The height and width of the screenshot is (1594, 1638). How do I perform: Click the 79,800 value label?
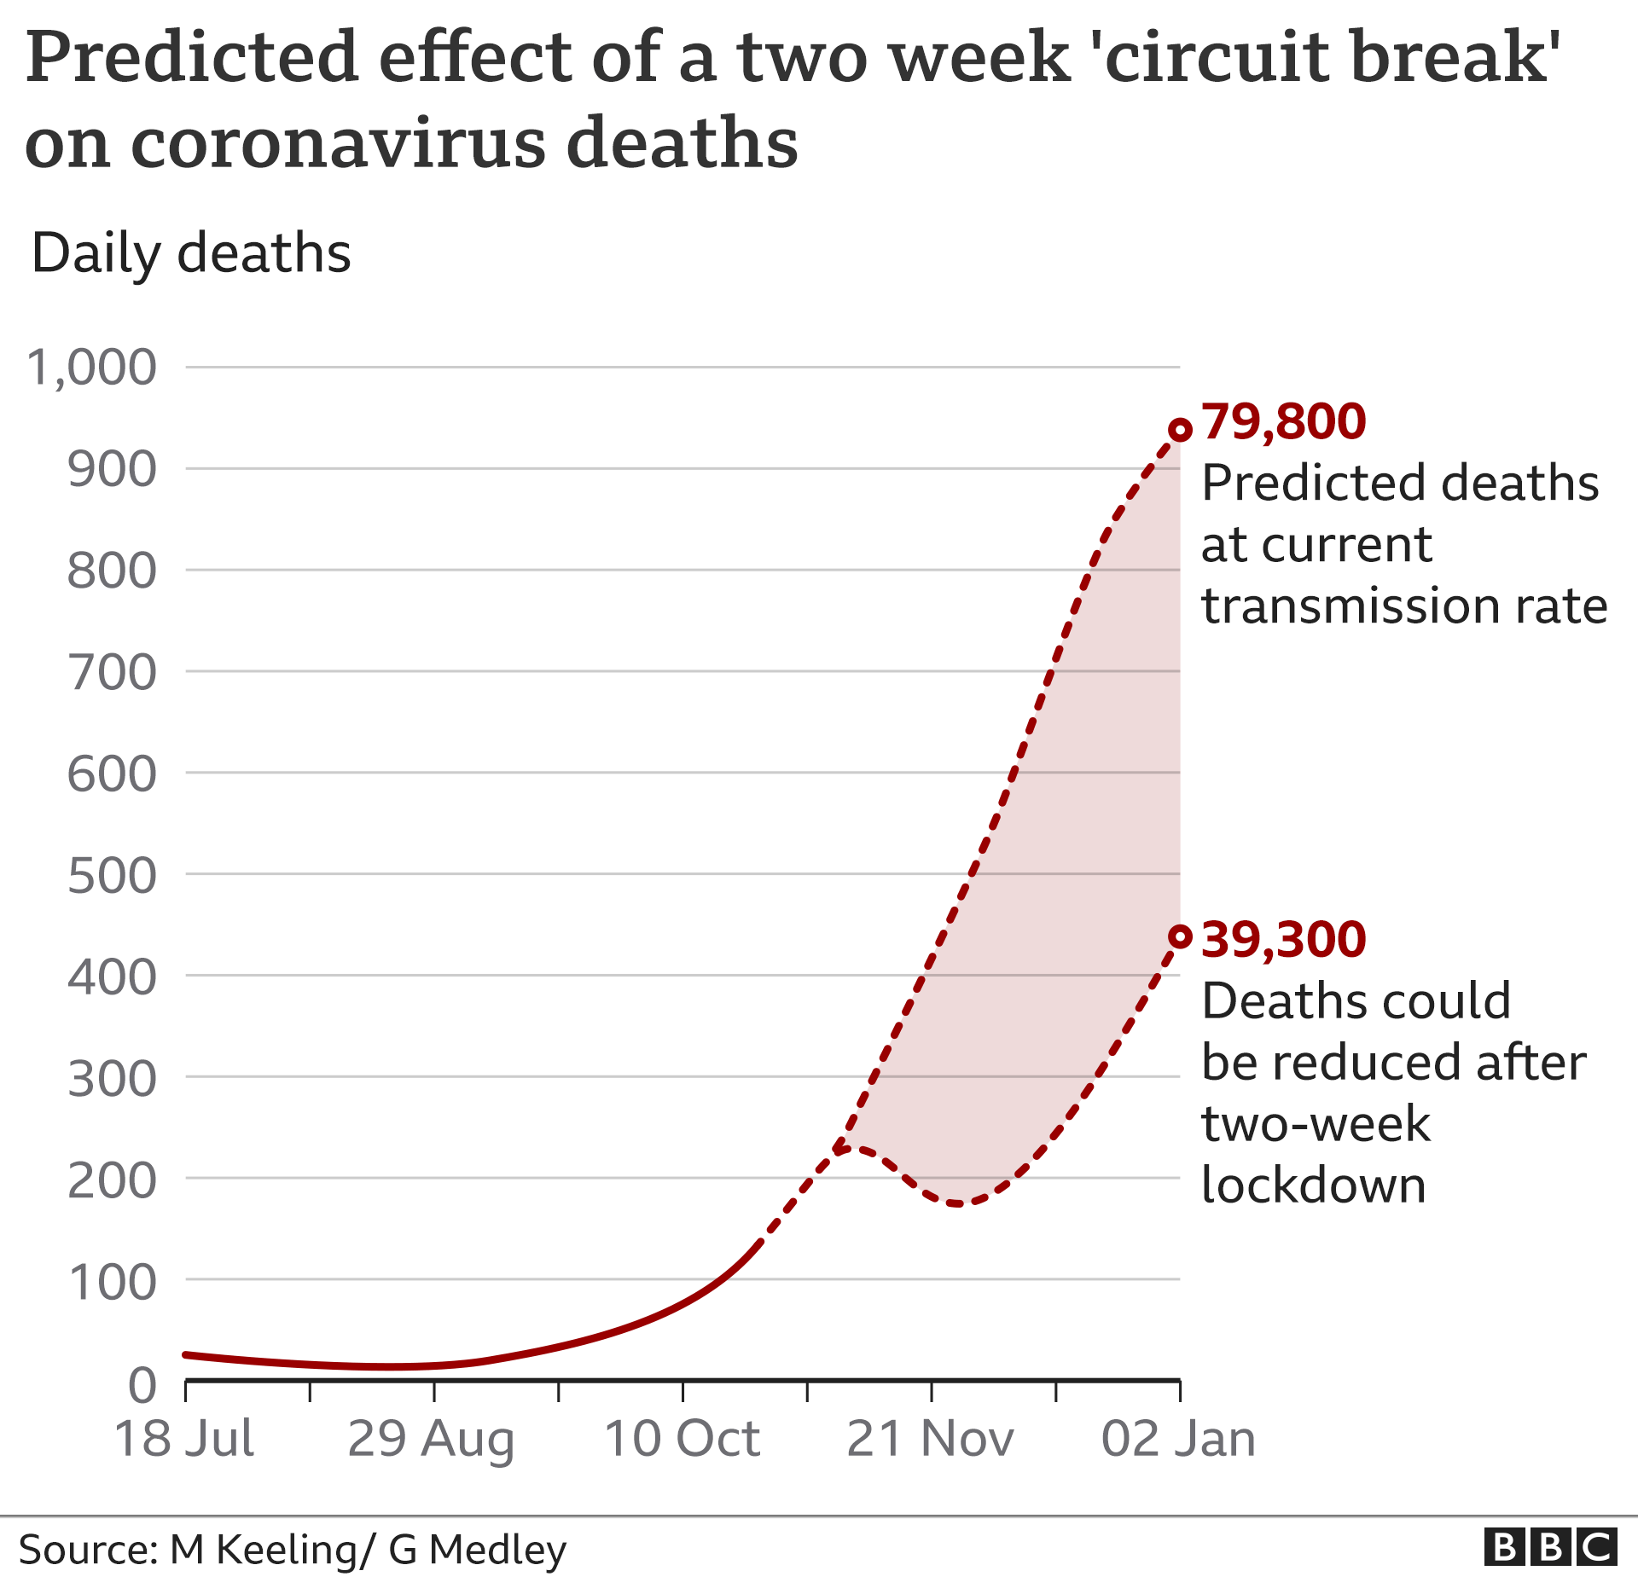click(1283, 421)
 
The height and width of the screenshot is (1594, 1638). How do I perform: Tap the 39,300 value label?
click(1283, 939)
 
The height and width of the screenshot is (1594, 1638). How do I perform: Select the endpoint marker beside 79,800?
click(1180, 430)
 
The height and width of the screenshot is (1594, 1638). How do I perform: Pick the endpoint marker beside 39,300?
click(1180, 937)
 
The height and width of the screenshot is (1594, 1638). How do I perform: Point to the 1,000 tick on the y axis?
click(92, 368)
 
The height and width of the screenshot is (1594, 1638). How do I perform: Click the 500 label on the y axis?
click(112, 876)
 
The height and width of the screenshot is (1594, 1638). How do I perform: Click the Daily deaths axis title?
click(191, 253)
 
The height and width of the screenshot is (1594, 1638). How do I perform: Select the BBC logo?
click(1550, 1547)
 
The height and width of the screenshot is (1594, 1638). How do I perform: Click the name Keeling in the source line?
click(287, 1550)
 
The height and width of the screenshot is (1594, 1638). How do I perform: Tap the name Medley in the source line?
click(497, 1550)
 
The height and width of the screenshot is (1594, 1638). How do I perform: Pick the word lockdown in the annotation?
click(1314, 1185)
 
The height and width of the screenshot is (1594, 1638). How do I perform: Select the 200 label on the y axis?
click(112, 1181)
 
